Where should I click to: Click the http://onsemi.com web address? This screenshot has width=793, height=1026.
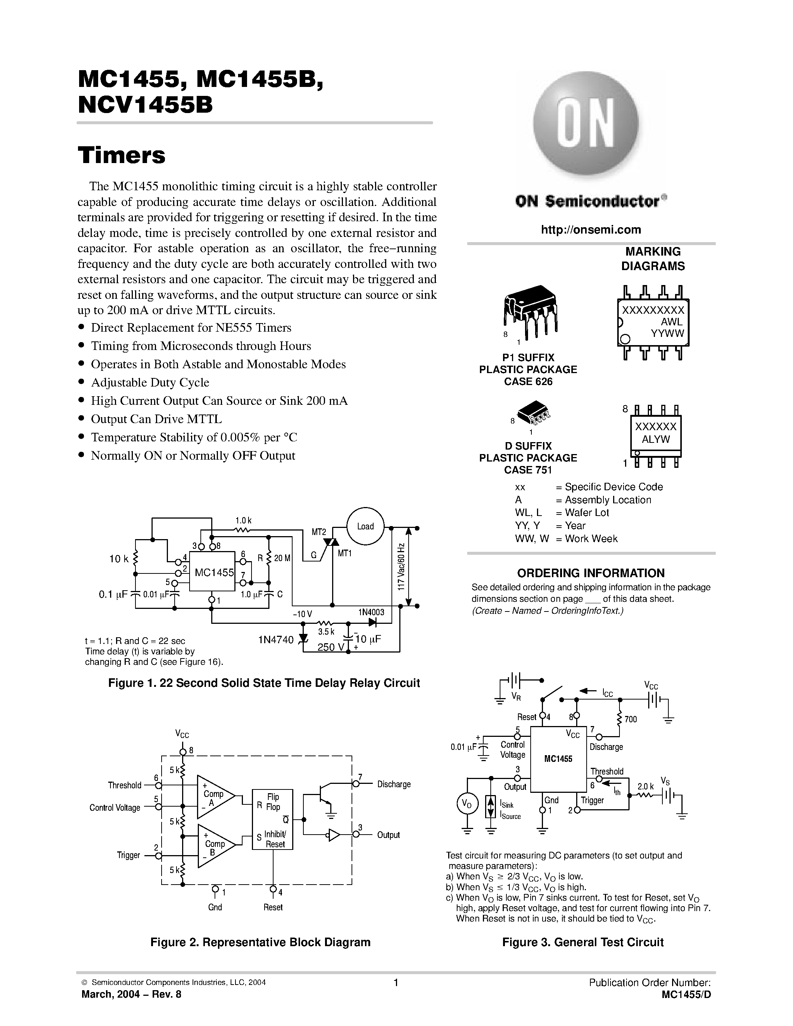(x=590, y=230)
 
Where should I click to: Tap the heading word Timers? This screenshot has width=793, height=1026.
(x=122, y=156)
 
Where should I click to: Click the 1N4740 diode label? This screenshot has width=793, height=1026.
(x=275, y=639)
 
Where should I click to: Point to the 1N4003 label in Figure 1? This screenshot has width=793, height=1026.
(x=371, y=612)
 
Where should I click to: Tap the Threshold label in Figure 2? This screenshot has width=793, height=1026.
(x=125, y=785)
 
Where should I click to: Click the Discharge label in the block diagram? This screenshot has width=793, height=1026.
(x=394, y=784)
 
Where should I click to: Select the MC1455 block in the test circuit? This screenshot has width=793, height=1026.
(x=558, y=759)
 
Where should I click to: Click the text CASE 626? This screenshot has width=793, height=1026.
(x=528, y=381)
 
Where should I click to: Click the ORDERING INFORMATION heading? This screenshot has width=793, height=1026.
(x=590, y=573)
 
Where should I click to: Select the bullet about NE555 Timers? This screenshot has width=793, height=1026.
(x=191, y=328)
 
